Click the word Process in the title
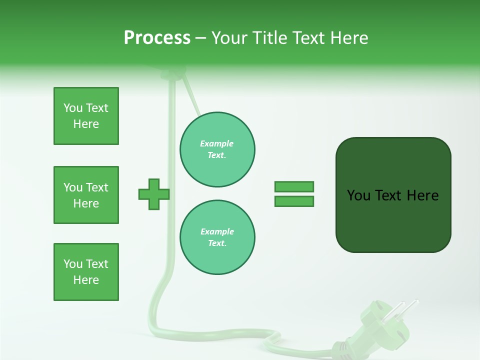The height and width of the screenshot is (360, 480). click(157, 38)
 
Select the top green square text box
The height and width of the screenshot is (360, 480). click(86, 116)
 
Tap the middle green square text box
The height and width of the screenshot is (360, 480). click(86, 195)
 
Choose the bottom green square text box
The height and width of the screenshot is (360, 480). click(86, 272)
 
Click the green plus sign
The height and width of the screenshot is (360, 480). click(153, 194)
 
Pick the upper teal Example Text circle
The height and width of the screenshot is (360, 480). click(217, 149)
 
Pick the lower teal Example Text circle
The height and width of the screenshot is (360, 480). click(217, 237)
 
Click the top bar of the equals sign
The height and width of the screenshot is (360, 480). click(294, 186)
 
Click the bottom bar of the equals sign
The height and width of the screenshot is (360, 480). click(294, 201)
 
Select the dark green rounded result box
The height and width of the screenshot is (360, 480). click(393, 195)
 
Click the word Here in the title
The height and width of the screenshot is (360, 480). click(348, 38)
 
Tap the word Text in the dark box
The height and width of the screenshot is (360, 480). click(389, 195)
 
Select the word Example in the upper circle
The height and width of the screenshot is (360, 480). click(217, 143)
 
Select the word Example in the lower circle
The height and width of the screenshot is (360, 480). click(217, 231)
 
